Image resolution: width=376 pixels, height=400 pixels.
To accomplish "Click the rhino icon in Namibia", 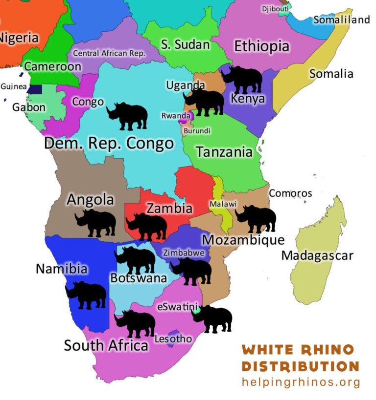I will (86, 295).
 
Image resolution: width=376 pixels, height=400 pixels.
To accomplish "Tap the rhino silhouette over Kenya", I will (242, 79).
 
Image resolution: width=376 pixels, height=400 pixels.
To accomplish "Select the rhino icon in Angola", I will (95, 223).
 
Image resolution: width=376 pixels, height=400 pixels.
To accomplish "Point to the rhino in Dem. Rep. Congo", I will (127, 116).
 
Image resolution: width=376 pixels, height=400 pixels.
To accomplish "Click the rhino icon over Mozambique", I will (256, 218).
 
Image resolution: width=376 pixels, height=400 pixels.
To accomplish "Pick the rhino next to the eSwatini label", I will (212, 319).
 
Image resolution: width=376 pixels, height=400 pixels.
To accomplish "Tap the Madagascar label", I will (317, 255).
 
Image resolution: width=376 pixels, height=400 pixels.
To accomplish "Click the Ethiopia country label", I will (261, 46).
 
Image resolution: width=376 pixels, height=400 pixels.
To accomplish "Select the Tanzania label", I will (224, 151).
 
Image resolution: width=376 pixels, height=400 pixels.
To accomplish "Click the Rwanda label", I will (176, 116).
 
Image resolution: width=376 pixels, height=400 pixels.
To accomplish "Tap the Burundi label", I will (197, 131).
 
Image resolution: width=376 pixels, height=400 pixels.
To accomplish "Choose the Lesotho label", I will (173, 338).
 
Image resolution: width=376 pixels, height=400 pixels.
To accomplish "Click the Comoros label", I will (290, 193).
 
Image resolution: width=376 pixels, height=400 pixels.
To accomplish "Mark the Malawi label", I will (223, 204).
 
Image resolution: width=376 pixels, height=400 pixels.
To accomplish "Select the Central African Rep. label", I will (109, 53).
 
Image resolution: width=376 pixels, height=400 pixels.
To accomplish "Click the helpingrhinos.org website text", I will (301, 382).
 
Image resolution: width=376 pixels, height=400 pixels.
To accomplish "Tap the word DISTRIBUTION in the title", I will (301, 366).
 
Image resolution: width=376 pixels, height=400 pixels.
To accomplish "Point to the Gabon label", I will (29, 107).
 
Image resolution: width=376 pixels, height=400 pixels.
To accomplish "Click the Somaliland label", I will (341, 20).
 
